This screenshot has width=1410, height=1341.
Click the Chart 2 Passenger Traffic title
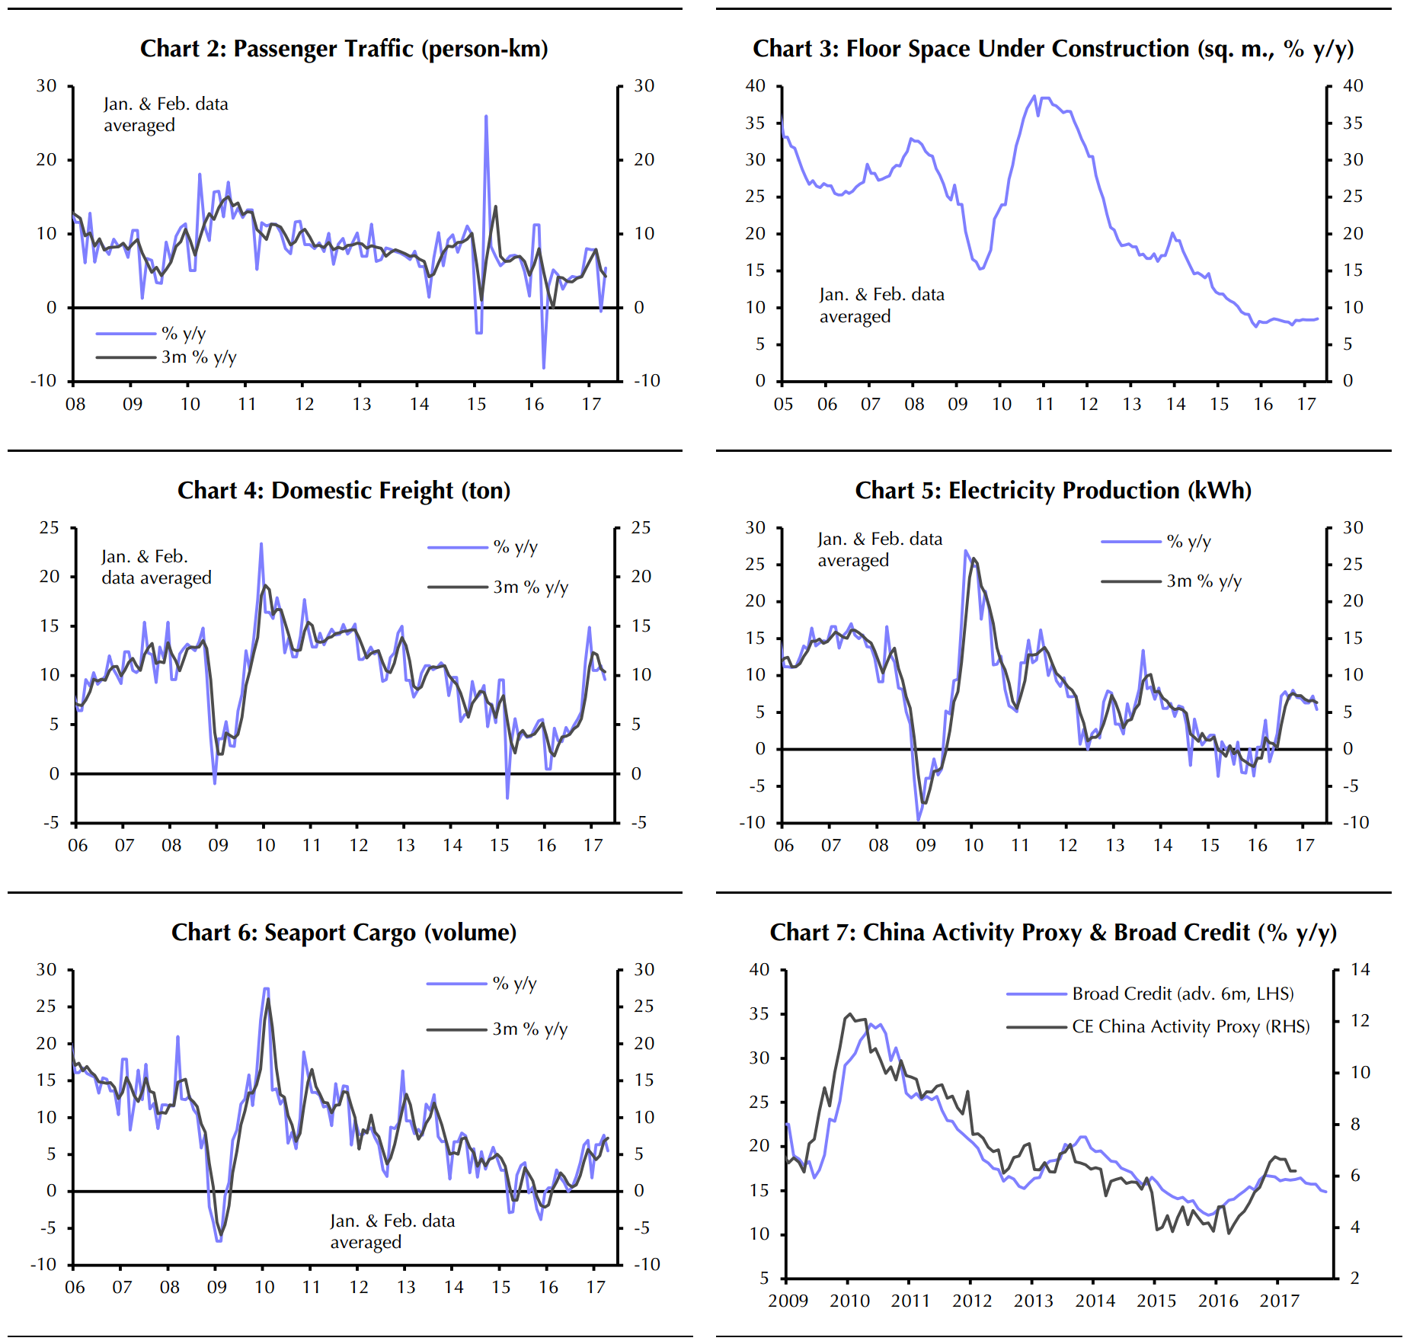point(344,49)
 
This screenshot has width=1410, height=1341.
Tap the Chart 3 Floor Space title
point(1053,49)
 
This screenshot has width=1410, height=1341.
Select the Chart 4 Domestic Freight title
point(344,491)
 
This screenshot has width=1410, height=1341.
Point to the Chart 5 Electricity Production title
point(1053,491)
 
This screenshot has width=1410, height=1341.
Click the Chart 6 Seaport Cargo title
point(344,933)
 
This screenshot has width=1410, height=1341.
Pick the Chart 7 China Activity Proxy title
point(1053,933)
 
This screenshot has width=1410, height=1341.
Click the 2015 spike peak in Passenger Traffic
point(486,117)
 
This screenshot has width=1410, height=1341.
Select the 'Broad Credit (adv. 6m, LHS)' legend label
point(1182,994)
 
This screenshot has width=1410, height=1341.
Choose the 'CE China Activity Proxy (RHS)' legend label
point(1191,1027)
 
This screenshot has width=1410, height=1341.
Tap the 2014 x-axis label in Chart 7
point(1095,1301)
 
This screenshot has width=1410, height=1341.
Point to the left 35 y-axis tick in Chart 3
point(755,123)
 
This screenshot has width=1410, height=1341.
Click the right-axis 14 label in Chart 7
point(1360,970)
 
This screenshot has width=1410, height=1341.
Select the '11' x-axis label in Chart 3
point(1044,404)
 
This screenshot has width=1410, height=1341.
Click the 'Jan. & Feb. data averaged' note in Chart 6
point(392,1231)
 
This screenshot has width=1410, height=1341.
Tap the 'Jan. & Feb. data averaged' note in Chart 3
point(881,305)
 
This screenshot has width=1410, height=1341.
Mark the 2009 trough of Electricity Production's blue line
point(919,820)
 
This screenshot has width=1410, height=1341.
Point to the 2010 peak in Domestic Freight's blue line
point(261,544)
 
